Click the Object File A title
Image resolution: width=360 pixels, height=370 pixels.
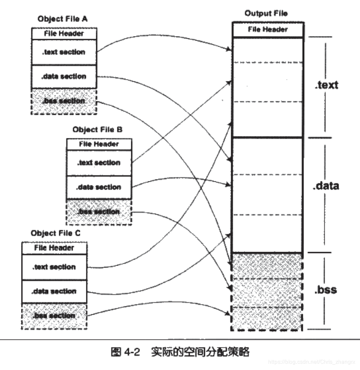coord(63,19)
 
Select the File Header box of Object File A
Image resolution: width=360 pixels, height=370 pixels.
coord(64,33)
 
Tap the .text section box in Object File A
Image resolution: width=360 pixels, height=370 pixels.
coord(64,52)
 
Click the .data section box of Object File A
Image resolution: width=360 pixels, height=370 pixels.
coord(64,77)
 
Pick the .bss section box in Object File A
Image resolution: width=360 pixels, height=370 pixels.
coord(64,101)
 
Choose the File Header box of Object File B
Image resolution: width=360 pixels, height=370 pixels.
coord(99,144)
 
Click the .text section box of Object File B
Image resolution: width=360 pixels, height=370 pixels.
coord(99,163)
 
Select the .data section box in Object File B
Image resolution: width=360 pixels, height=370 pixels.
coord(99,187)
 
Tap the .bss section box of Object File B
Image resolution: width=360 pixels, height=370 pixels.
coord(99,212)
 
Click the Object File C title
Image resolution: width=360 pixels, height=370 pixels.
coord(55,233)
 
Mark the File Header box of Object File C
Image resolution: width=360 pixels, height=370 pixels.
coord(54,248)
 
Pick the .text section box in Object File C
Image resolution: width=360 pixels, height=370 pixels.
coord(54,267)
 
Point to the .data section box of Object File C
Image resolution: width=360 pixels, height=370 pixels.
coord(54,291)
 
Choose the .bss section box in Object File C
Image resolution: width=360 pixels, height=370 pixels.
coord(54,316)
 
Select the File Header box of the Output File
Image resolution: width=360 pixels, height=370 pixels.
coord(268,29)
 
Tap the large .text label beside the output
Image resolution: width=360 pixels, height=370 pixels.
coord(326,85)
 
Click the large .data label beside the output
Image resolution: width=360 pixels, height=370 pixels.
coord(327,187)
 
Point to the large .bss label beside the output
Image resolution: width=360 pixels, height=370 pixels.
coord(325,290)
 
